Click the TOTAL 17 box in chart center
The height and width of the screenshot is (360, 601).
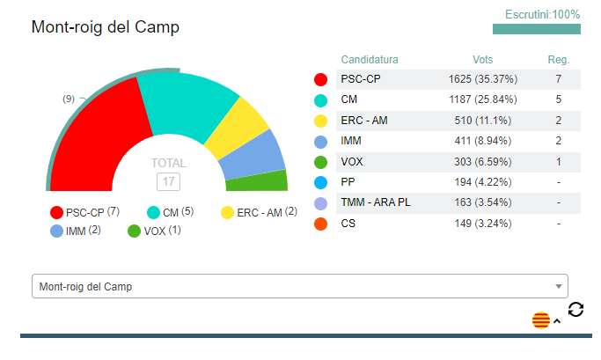click(x=167, y=181)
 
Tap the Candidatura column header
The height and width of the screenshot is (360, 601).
click(x=370, y=60)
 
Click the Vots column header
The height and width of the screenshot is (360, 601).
click(x=482, y=60)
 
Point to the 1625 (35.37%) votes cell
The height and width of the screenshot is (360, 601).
click(x=482, y=80)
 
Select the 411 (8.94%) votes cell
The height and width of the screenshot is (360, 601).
click(x=482, y=141)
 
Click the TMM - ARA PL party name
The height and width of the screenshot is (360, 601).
click(x=375, y=203)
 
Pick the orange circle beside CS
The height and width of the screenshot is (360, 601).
click(x=321, y=224)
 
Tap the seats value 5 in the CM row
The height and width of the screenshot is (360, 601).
click(x=558, y=100)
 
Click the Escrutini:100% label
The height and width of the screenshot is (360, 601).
click(x=542, y=15)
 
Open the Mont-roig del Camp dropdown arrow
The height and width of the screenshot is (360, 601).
click(x=558, y=287)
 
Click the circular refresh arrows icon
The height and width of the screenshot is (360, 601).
click(x=575, y=309)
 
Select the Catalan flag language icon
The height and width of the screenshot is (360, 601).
click(x=540, y=320)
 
